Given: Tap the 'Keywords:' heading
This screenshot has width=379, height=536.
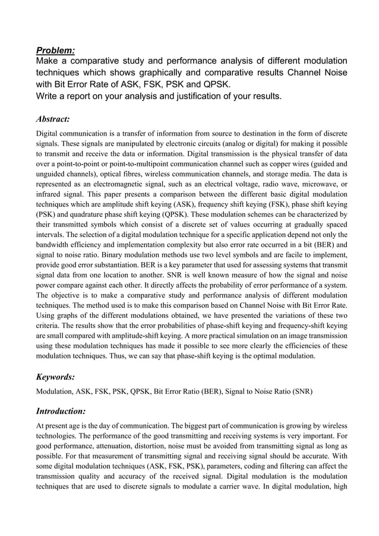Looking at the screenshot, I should point(56,376).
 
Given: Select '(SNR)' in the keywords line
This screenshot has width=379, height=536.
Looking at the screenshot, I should point(305,392).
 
